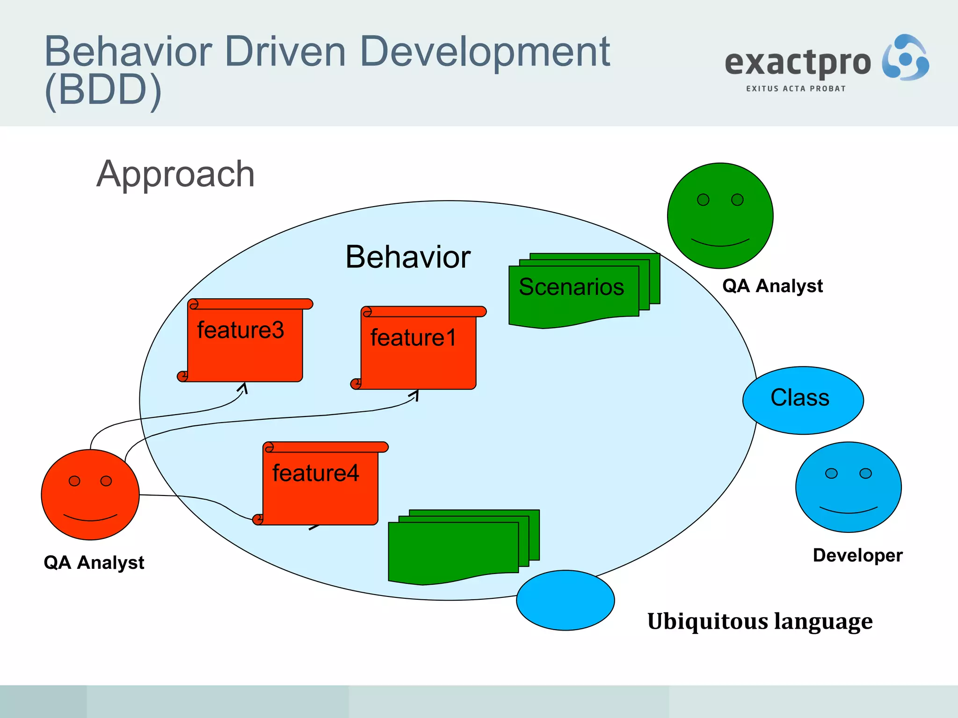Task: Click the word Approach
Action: click(x=175, y=174)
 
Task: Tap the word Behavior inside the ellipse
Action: click(x=407, y=257)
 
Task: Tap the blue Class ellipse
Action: click(x=803, y=400)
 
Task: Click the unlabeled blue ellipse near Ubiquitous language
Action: click(x=565, y=600)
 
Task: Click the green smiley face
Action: click(x=720, y=215)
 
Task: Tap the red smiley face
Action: click(x=90, y=495)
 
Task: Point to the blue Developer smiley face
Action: click(x=848, y=487)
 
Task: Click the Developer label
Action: click(x=857, y=555)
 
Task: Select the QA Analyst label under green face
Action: click(x=772, y=286)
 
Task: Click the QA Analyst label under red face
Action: click(x=94, y=562)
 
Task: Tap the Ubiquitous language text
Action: click(x=760, y=621)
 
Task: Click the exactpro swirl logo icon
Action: click(x=905, y=58)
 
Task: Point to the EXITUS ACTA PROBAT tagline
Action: click(x=796, y=89)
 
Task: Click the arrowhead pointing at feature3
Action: click(x=243, y=388)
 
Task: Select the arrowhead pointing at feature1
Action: click(x=415, y=395)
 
